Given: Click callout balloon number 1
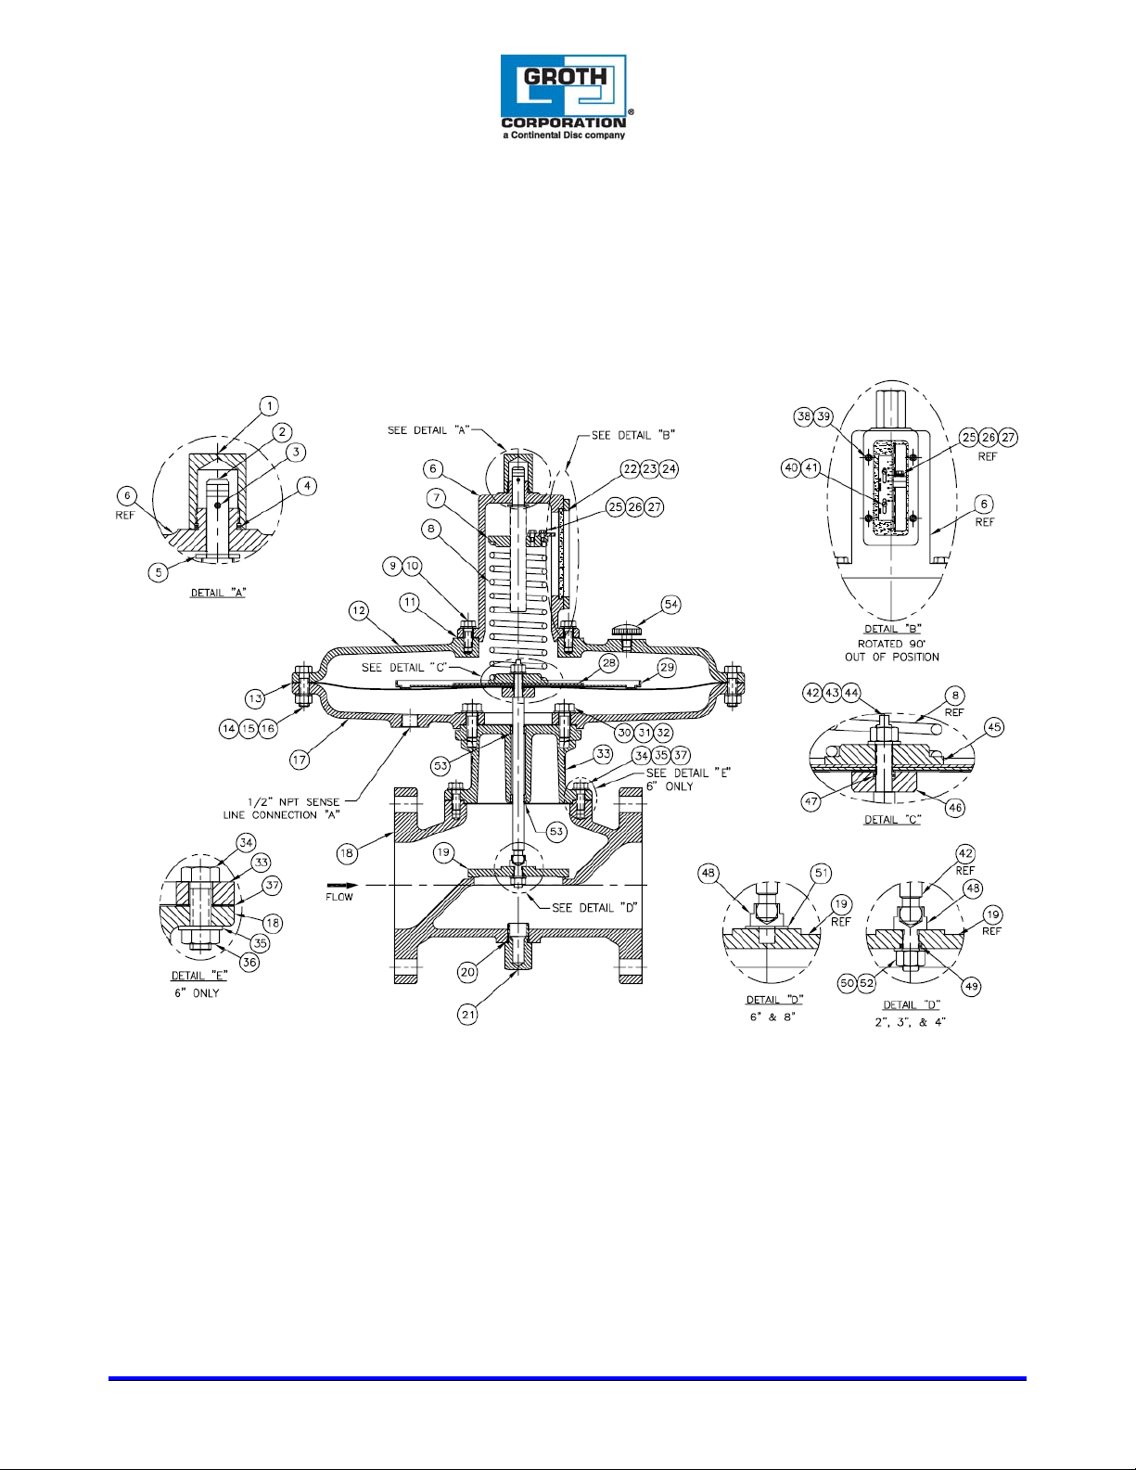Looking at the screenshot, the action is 269,406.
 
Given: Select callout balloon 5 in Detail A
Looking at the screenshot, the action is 159,572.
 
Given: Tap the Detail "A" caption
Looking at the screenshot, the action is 219,593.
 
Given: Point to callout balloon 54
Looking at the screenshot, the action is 670,604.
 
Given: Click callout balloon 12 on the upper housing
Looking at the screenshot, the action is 358,611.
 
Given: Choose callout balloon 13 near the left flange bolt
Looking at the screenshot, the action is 255,698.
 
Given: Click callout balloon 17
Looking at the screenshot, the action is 300,760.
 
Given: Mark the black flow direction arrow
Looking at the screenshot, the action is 338,885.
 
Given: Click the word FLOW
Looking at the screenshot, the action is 339,897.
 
